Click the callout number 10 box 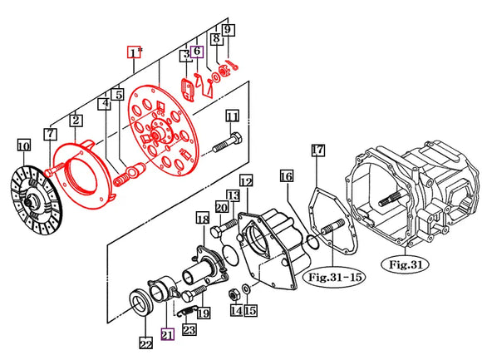[24, 147]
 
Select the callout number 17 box [317, 150]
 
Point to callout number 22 [146, 341]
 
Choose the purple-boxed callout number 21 [167, 334]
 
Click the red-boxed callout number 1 [134, 52]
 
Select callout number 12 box [245, 180]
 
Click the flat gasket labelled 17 [328, 220]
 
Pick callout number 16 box [286, 176]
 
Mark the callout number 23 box [189, 330]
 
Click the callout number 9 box [228, 31]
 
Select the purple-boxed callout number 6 [197, 51]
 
